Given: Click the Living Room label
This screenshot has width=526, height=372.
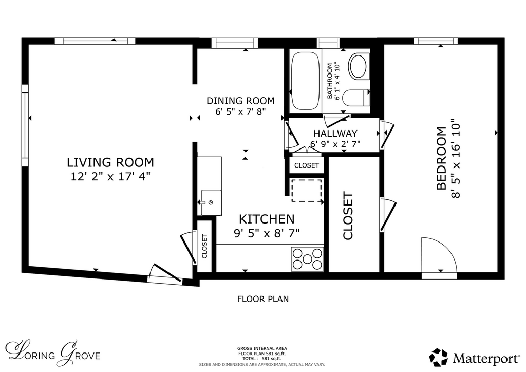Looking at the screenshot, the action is click(110, 162).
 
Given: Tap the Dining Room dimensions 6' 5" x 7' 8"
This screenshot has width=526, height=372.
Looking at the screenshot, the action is click(240, 111).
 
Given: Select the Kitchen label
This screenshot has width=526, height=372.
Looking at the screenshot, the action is click(267, 219).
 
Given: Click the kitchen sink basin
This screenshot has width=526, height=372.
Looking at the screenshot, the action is click(211, 202).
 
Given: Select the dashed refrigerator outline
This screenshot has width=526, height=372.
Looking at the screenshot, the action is click(307, 190).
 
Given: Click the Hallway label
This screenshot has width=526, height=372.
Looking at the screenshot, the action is click(335, 134).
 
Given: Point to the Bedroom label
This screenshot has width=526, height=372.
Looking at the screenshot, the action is click(441, 158).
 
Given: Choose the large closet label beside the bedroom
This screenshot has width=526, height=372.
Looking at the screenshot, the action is click(348, 216).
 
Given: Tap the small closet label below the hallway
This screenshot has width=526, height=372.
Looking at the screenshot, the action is click(307, 166).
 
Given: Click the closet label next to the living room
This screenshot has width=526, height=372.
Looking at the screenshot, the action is click(204, 246).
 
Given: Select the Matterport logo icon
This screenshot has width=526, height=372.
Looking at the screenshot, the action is click(439, 358).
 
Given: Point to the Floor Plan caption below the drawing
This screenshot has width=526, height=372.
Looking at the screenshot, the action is click(263, 299).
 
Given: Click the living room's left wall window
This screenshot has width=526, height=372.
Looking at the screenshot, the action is click(25, 125).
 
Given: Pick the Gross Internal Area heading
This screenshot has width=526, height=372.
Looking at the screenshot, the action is click(262, 348).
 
